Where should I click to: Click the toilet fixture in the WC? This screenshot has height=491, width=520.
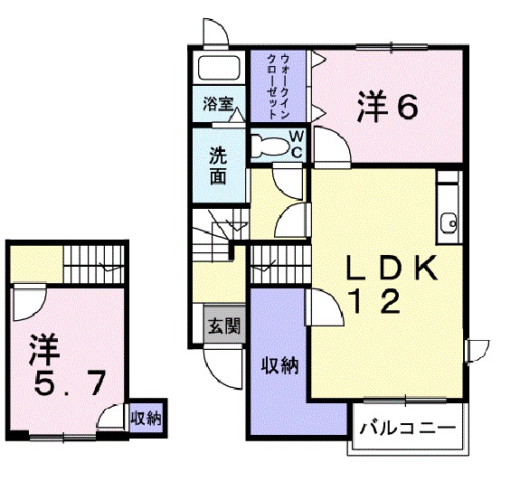click(x=269, y=145)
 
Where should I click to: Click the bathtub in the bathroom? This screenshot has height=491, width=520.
click(x=218, y=69)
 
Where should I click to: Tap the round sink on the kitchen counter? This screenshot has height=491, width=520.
click(x=448, y=222)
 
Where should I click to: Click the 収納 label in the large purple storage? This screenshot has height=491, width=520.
click(x=278, y=365)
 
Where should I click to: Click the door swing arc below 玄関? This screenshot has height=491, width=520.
click(x=220, y=364)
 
